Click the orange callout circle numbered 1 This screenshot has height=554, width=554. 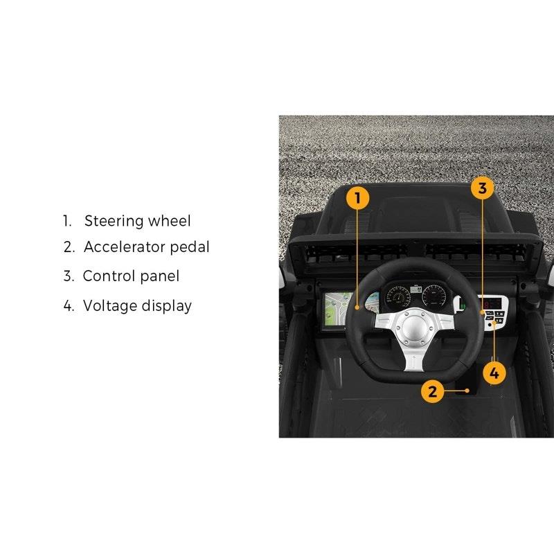(358, 198)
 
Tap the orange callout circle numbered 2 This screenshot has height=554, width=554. (432, 391)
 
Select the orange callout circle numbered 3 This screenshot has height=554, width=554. (483, 188)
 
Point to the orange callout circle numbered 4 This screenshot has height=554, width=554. (494, 373)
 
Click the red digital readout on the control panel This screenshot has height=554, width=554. (492, 305)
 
